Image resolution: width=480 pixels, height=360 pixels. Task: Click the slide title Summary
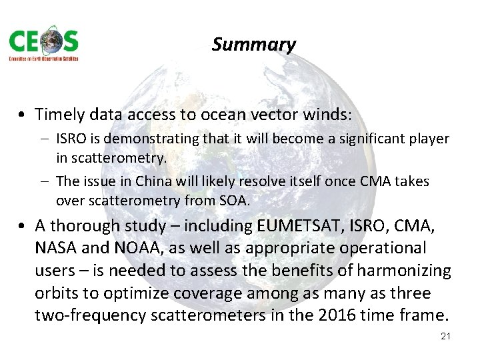pyautogui.click(x=253, y=45)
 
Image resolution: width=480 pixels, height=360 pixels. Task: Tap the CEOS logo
pyautogui.click(x=43, y=45)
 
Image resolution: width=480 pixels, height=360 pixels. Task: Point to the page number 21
pyautogui.click(x=446, y=336)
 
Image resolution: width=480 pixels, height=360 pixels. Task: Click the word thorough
pyautogui.click(x=83, y=226)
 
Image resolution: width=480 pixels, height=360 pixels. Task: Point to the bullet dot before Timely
pyautogui.click(x=24, y=115)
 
